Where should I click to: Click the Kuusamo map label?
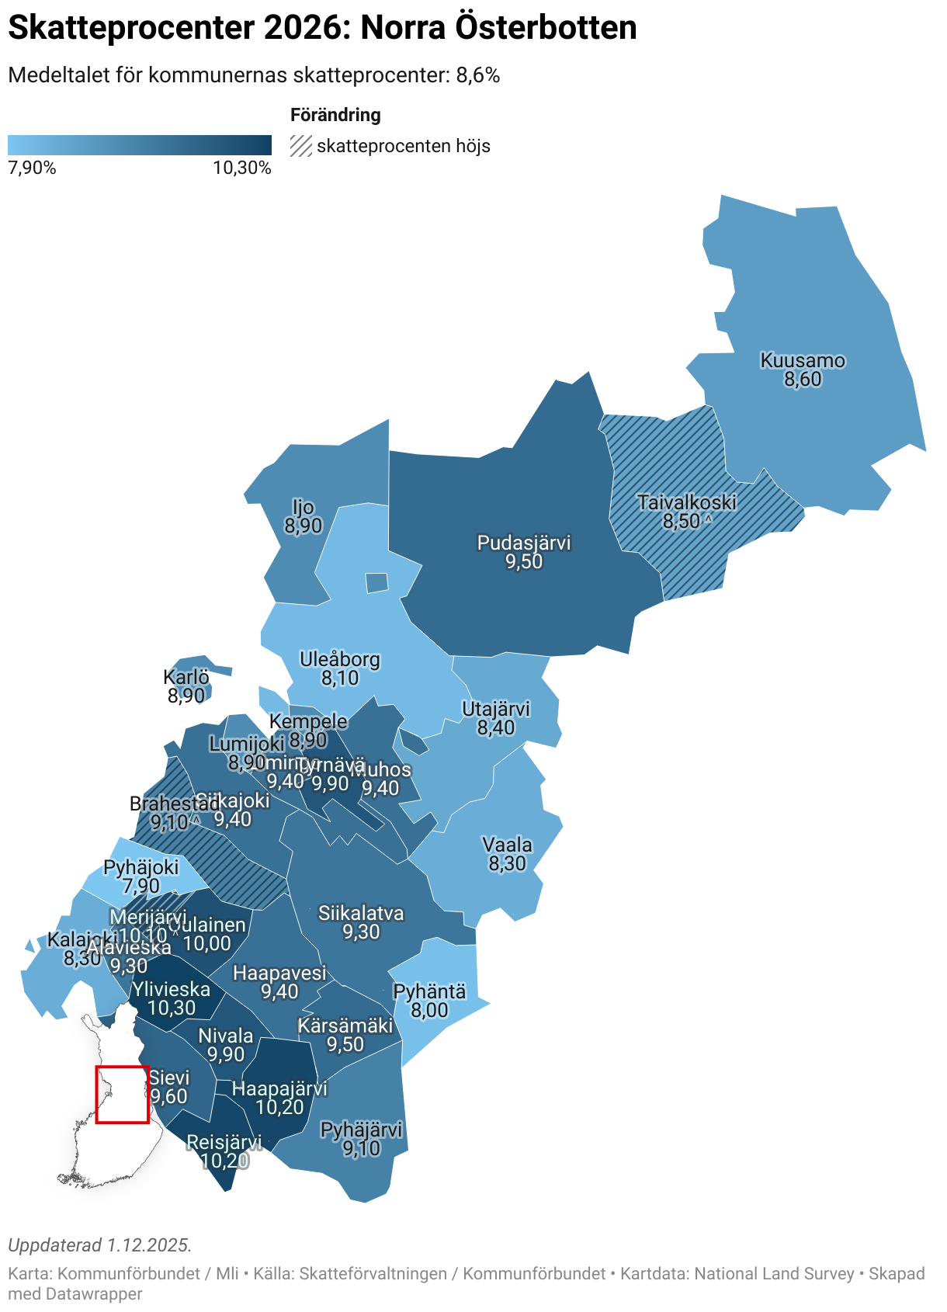click(x=802, y=361)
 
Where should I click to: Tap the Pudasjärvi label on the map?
click(x=523, y=543)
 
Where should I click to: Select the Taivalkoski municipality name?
click(x=686, y=502)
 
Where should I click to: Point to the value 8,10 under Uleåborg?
click(x=340, y=679)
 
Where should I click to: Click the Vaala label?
click(x=507, y=845)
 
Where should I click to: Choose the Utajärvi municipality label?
click(x=495, y=709)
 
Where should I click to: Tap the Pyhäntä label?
click(x=429, y=991)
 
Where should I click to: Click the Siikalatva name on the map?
click(x=361, y=913)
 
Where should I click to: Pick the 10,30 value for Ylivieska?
click(x=172, y=1008)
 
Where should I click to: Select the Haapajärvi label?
click(x=279, y=1088)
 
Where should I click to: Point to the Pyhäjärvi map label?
click(x=362, y=1130)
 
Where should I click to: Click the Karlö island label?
click(x=186, y=677)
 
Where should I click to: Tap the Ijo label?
click(x=303, y=507)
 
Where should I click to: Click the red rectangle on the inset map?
click(x=122, y=1095)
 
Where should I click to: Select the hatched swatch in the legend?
click(x=301, y=146)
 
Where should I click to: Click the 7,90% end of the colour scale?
click(x=32, y=168)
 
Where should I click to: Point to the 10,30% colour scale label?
click(x=241, y=168)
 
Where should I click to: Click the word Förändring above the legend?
click(x=335, y=115)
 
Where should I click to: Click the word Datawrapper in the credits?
click(x=94, y=1293)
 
